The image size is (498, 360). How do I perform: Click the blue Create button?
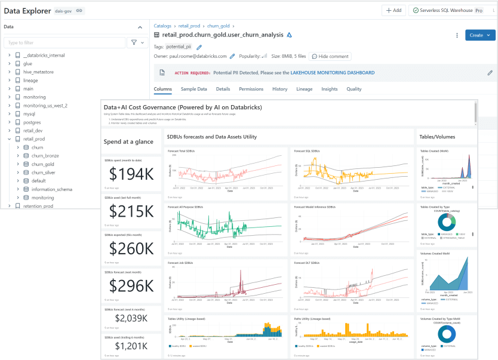tap(479, 35)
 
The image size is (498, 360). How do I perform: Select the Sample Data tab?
tap(193, 89)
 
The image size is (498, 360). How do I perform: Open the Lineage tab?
tap(304, 89)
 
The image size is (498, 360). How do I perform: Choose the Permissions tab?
tap(251, 89)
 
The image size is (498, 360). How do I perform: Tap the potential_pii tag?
tap(179, 47)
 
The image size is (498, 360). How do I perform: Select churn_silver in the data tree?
tap(43, 173)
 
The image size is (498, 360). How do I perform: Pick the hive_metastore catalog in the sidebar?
tap(38, 72)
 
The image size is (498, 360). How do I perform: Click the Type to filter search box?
tap(64, 42)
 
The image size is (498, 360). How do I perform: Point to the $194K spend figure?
tap(131, 174)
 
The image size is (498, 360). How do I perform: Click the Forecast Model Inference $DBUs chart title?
tap(315, 207)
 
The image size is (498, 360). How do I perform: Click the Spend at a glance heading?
tap(128, 141)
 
